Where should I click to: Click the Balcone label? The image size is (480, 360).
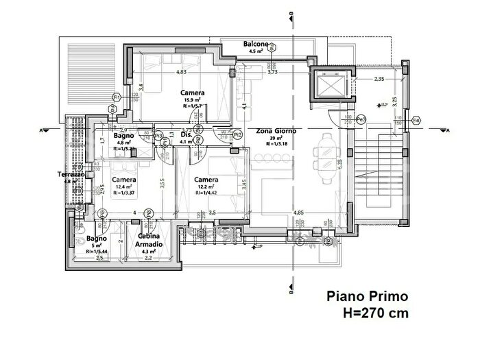[256, 45]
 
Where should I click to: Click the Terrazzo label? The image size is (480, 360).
[71, 175]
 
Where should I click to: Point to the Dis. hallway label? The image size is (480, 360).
[185, 134]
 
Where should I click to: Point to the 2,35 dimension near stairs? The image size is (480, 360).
[379, 80]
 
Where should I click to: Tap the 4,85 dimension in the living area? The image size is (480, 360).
[298, 213]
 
